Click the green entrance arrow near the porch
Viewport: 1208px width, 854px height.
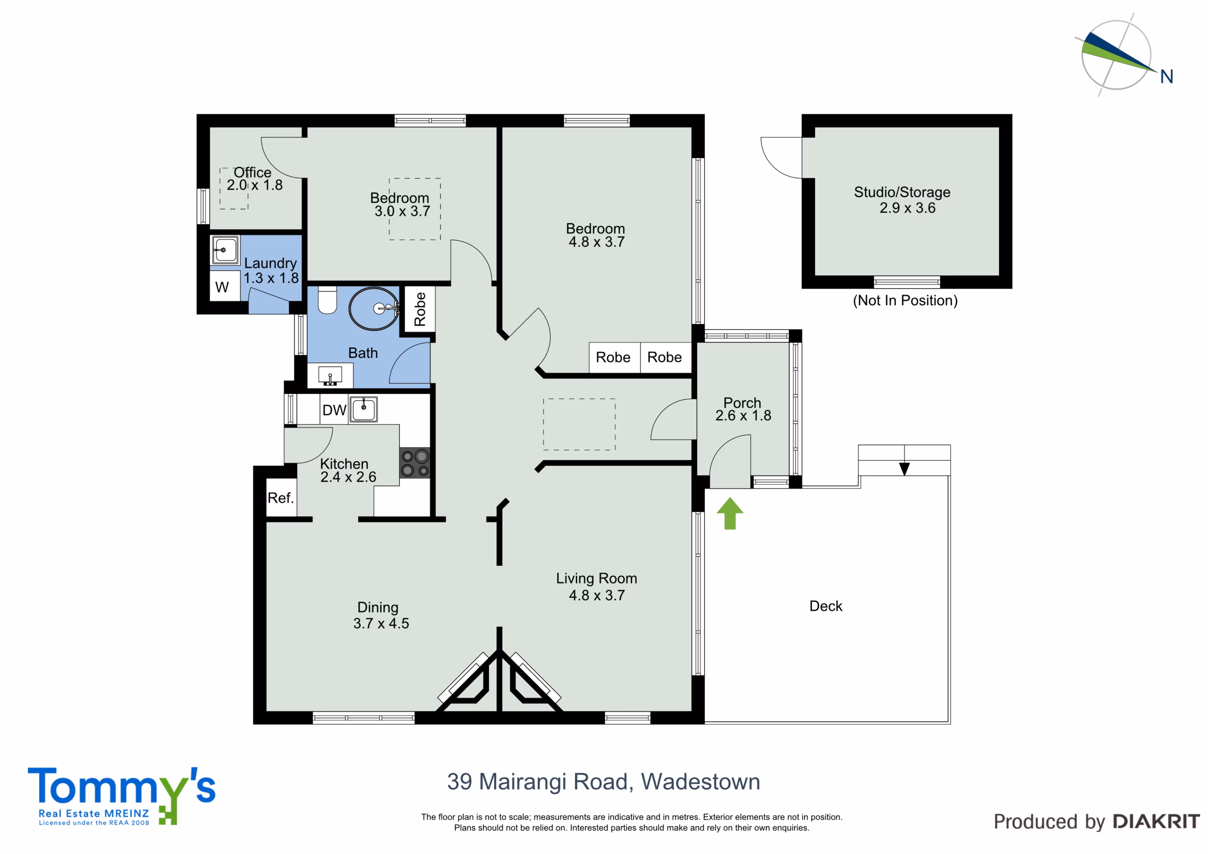pyautogui.click(x=730, y=513)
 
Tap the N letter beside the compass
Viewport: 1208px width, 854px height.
pyautogui.click(x=1166, y=77)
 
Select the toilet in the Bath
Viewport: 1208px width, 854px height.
pyautogui.click(x=327, y=300)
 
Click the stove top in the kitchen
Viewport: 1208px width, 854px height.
pyautogui.click(x=415, y=463)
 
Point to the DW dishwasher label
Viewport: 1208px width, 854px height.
pyautogui.click(x=334, y=410)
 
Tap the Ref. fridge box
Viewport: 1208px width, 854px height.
pyautogui.click(x=281, y=497)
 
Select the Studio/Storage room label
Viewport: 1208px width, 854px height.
pyautogui.click(x=902, y=192)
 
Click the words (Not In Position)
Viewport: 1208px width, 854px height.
pyautogui.click(x=905, y=301)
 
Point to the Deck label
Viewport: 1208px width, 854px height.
pyautogui.click(x=825, y=606)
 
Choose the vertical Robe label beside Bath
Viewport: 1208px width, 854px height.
pyautogui.click(x=419, y=310)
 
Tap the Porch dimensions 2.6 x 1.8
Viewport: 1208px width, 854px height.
pyautogui.click(x=743, y=416)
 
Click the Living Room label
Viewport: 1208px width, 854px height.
pyautogui.click(x=596, y=578)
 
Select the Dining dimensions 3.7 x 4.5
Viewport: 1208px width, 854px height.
pyautogui.click(x=381, y=624)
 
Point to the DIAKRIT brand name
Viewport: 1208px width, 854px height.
pyautogui.click(x=1157, y=821)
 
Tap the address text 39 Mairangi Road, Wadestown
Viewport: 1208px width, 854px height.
pyautogui.click(x=604, y=782)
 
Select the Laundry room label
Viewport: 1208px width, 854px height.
pyautogui.click(x=270, y=263)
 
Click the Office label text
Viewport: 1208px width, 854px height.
pyautogui.click(x=252, y=173)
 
